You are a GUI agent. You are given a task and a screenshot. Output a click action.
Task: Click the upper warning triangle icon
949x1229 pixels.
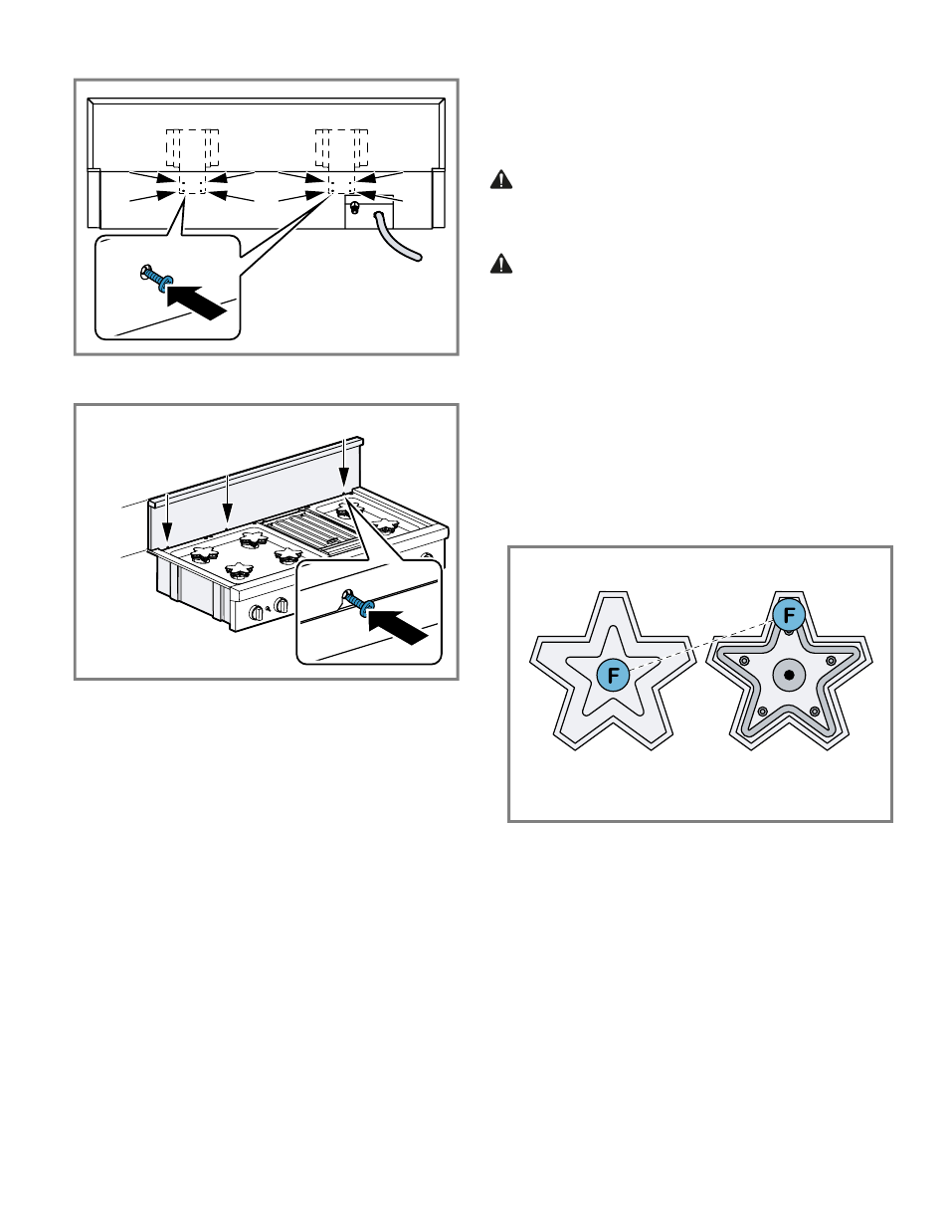click(501, 180)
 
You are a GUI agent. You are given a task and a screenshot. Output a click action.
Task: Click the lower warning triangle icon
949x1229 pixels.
click(501, 264)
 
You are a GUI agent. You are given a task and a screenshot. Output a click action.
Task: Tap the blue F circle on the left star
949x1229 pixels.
click(613, 676)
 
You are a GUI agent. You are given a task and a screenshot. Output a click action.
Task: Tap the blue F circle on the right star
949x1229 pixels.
click(789, 615)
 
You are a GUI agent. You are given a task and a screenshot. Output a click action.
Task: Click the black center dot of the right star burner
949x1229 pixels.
click(789, 675)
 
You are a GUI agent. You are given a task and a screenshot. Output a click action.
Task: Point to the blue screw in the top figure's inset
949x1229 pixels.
click(158, 280)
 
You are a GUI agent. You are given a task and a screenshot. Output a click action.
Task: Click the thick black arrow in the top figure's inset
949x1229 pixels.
click(198, 302)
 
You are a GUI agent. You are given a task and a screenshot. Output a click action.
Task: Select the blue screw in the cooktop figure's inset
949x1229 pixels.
click(358, 603)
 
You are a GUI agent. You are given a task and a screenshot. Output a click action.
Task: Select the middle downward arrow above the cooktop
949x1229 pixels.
click(228, 498)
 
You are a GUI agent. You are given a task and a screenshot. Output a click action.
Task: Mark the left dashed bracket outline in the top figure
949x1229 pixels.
click(192, 148)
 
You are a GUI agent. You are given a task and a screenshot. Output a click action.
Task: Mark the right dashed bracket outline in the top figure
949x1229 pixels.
click(341, 148)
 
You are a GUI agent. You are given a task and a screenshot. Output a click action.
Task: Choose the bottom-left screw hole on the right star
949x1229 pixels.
click(762, 711)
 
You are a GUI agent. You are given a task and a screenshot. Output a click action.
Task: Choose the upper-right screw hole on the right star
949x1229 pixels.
click(831, 661)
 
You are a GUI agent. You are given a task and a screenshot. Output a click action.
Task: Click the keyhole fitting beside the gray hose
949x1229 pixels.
click(355, 207)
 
